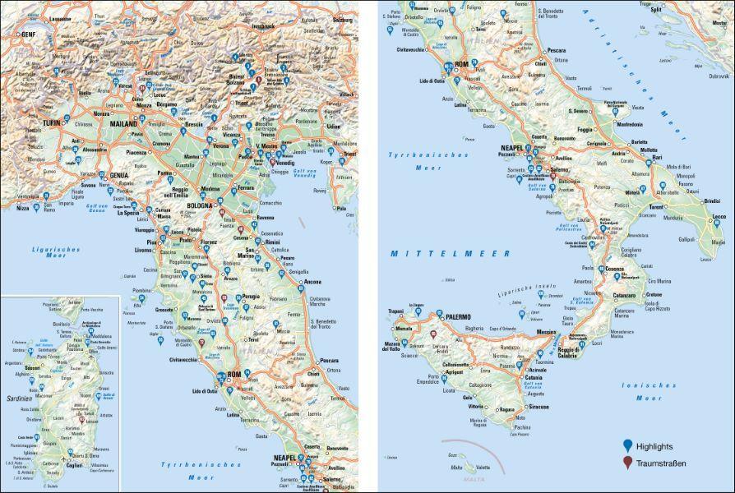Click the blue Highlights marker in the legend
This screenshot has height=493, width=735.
click(x=628, y=445)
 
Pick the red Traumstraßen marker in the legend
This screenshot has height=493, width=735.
click(x=628, y=463)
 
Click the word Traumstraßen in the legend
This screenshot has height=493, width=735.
click(x=661, y=463)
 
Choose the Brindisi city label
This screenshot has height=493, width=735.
click(x=711, y=200)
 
